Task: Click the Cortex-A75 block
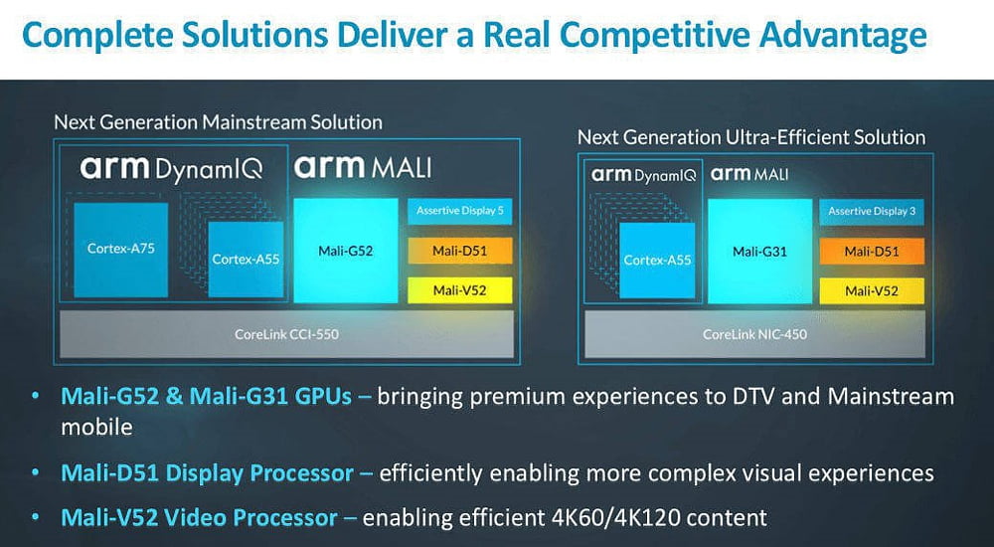(x=121, y=250)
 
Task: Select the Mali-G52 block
(x=346, y=251)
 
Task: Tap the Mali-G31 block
(x=760, y=252)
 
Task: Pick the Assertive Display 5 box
(x=459, y=211)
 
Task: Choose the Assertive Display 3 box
(x=872, y=211)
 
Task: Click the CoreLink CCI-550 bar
(x=286, y=334)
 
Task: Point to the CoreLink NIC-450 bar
(x=754, y=334)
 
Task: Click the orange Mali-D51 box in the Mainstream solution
(x=459, y=251)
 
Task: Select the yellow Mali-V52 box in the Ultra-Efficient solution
(x=872, y=291)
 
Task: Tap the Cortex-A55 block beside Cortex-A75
(x=246, y=259)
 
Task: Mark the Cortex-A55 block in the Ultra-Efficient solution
(x=657, y=261)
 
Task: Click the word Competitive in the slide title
(x=654, y=36)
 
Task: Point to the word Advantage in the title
(x=843, y=38)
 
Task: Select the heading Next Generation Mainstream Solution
(x=218, y=122)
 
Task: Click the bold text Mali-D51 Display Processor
(x=208, y=473)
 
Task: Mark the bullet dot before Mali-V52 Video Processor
(x=36, y=518)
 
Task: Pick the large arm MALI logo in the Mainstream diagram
(x=363, y=167)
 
